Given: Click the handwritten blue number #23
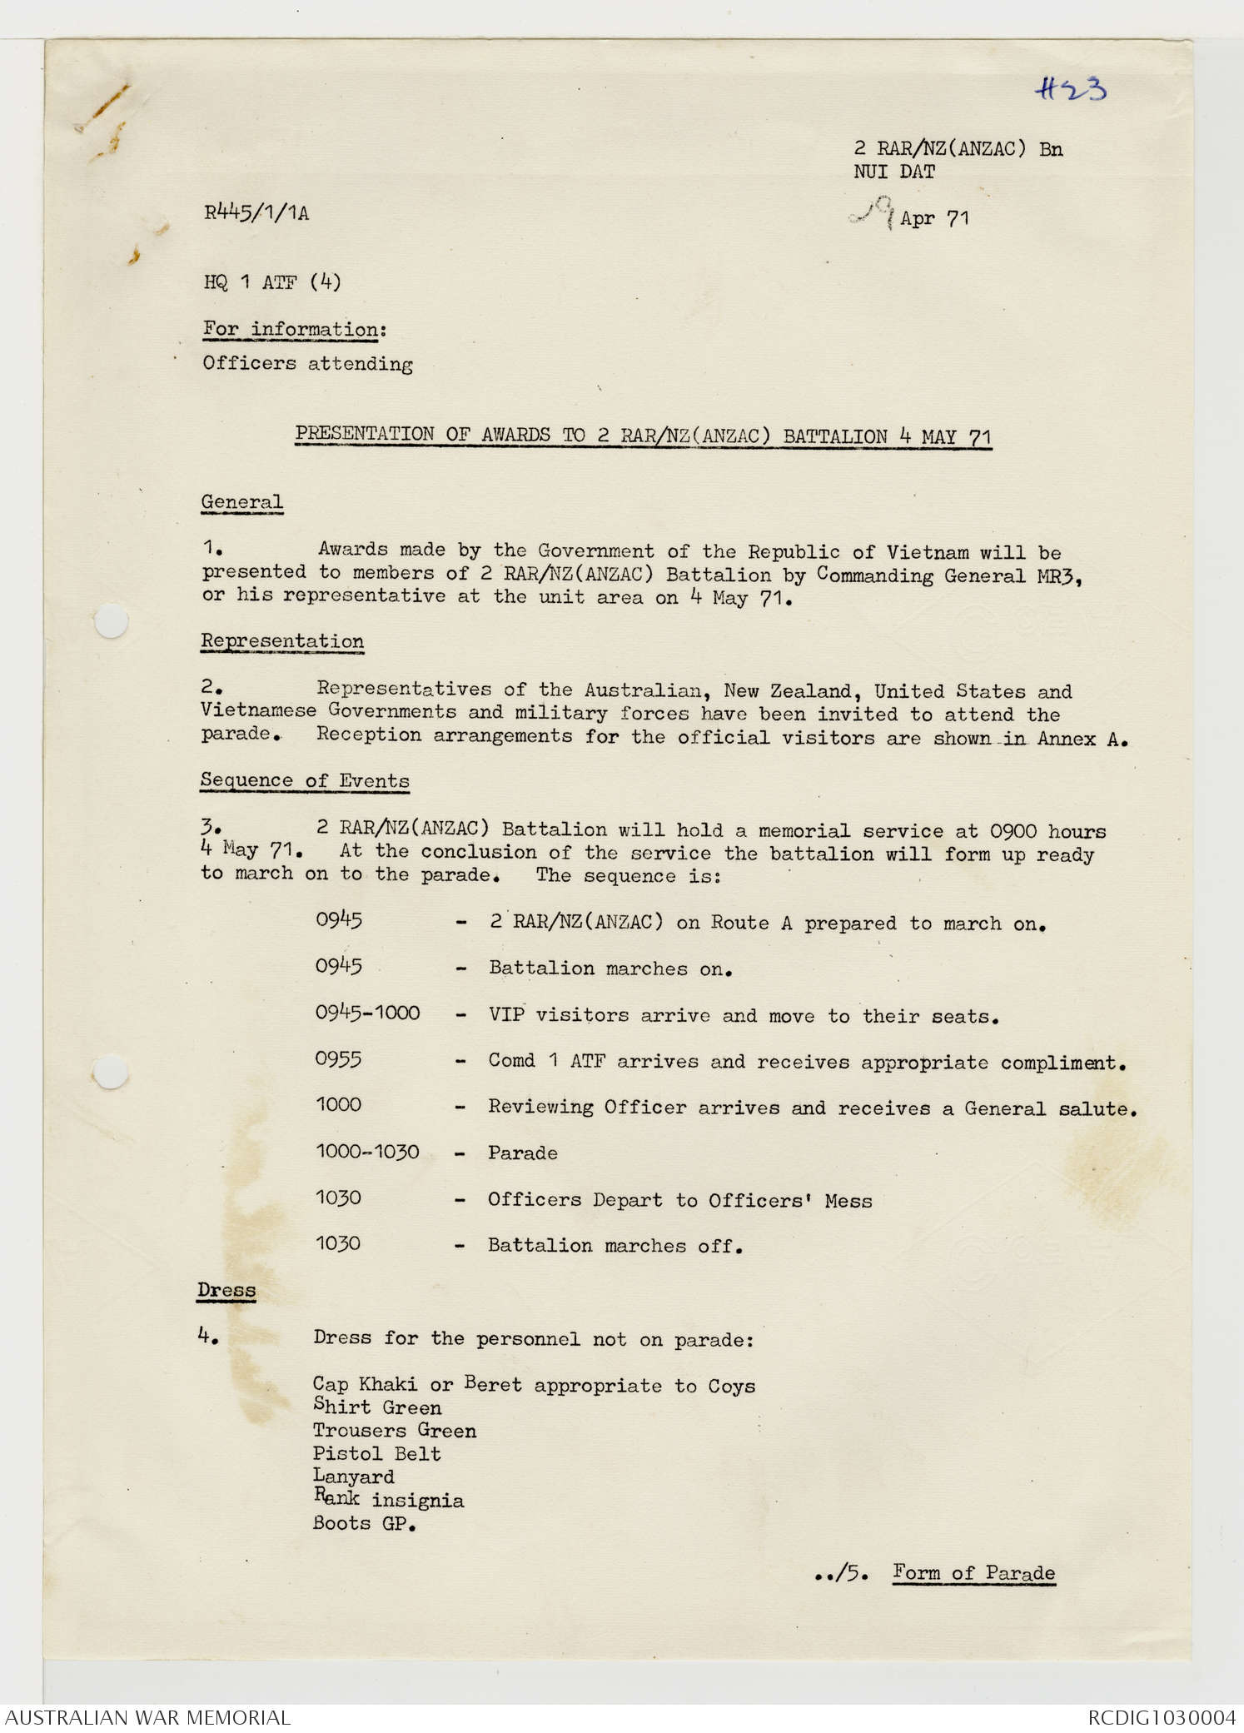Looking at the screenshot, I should coord(1071,88).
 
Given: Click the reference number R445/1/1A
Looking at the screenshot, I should coord(256,213).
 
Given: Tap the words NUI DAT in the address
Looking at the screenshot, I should coord(894,172).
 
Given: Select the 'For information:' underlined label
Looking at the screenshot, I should coord(295,330).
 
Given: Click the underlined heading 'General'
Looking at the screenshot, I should coord(241,502).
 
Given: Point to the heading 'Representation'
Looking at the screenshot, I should coord(282,641).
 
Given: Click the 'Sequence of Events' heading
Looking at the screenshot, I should coord(305,780).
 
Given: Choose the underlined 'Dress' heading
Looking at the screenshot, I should coord(226,1290).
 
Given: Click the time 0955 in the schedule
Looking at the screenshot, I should coord(338,1059).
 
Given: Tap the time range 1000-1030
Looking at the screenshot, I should coord(367,1152).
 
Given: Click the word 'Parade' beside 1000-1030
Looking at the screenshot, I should coord(522,1153).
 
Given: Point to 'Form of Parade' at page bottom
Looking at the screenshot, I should coord(973,1573).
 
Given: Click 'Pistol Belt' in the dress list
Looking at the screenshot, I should coord(376,1454).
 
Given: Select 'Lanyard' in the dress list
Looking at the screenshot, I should coord(353,1477).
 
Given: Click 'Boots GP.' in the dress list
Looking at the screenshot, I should coord(364,1523).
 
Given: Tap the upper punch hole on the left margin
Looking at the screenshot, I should coord(111,621).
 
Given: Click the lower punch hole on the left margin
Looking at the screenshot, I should coord(111,1071).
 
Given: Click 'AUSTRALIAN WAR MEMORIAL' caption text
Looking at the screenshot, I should coord(147,1717).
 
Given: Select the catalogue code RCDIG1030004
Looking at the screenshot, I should coord(1162,1717).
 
